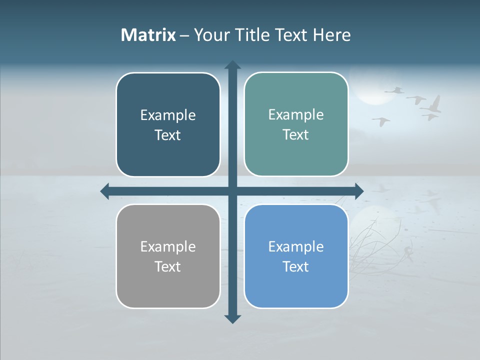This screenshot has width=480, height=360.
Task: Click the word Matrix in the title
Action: [x=148, y=35]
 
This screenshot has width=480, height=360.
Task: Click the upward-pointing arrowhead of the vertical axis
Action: [x=232, y=65]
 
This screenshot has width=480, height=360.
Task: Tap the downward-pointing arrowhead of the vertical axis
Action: [x=232, y=318]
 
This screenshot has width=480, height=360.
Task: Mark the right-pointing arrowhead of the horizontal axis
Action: [x=359, y=191]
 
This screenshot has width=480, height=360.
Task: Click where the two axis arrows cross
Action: [x=232, y=191]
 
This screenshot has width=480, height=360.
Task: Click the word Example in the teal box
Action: [x=296, y=114]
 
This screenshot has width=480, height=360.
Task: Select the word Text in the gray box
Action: [x=167, y=266]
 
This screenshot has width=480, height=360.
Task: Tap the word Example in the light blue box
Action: [x=296, y=246]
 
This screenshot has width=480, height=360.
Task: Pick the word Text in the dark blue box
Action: [x=167, y=135]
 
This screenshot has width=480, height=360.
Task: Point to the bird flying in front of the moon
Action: [x=394, y=90]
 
